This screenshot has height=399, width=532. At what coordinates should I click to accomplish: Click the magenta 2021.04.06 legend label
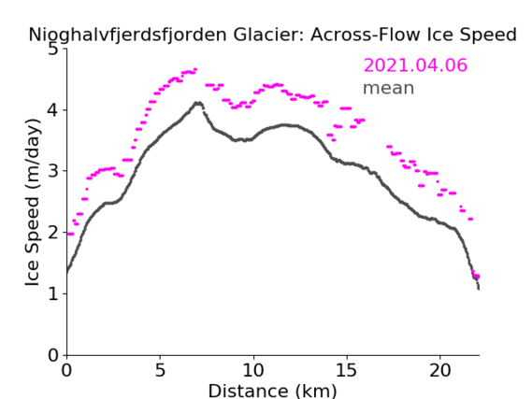click(x=415, y=65)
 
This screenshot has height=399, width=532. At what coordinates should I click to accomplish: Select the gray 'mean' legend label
click(x=389, y=88)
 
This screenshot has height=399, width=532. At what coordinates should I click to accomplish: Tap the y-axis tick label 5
click(x=53, y=50)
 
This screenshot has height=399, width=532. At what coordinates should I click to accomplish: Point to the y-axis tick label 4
click(x=53, y=110)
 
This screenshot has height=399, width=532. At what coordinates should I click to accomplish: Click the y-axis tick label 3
click(x=53, y=171)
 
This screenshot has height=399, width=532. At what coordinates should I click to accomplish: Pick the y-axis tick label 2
click(x=53, y=233)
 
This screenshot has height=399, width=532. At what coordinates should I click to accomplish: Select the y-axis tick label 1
click(x=53, y=293)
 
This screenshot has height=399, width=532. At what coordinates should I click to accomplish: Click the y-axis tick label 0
click(x=53, y=355)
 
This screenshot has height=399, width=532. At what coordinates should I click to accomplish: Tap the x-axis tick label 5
click(x=160, y=370)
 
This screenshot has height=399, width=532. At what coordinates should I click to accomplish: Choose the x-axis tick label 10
click(x=253, y=370)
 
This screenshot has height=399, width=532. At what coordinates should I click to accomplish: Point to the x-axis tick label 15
click(x=347, y=370)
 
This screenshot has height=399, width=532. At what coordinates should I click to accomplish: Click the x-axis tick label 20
click(x=439, y=370)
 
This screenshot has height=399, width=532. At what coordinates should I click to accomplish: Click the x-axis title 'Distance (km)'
click(x=272, y=391)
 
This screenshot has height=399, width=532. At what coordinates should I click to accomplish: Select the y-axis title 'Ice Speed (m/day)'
click(x=33, y=202)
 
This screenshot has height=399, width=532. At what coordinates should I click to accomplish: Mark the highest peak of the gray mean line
click(x=198, y=103)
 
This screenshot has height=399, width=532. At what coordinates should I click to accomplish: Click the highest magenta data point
click(x=195, y=69)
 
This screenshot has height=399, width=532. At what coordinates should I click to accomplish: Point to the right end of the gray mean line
click(x=479, y=289)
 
